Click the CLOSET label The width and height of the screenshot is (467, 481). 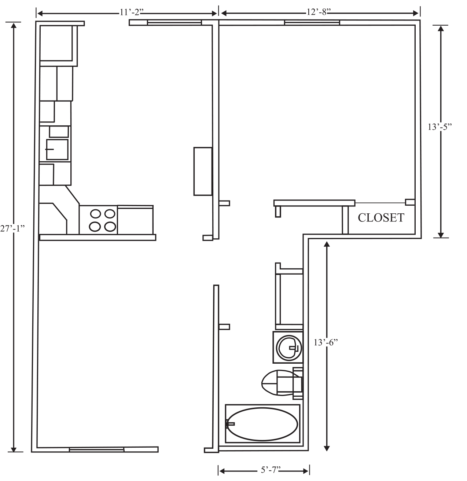click(x=381, y=217)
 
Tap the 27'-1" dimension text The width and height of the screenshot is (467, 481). click(x=12, y=229)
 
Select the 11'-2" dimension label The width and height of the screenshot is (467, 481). click(x=132, y=12)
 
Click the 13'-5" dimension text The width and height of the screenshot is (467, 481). click(x=440, y=127)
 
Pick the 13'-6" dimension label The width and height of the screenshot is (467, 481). click(x=326, y=342)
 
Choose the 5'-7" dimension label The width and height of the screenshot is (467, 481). click(x=271, y=470)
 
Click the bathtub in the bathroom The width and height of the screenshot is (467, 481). click(x=262, y=424)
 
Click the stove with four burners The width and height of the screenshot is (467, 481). click(x=98, y=220)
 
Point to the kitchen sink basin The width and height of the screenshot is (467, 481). click(x=57, y=150)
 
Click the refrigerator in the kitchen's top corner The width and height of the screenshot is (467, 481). click(x=59, y=44)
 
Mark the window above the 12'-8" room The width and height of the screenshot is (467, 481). click(x=312, y=22)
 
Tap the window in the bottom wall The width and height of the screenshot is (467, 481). click(x=97, y=449)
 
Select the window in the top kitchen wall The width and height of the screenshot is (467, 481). click(x=174, y=22)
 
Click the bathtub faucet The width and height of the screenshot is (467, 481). click(x=230, y=424)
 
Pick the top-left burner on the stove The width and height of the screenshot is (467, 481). click(x=95, y=214)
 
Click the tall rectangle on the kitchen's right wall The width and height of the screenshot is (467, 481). click(x=203, y=171)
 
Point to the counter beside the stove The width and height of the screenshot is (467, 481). click(x=135, y=220)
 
